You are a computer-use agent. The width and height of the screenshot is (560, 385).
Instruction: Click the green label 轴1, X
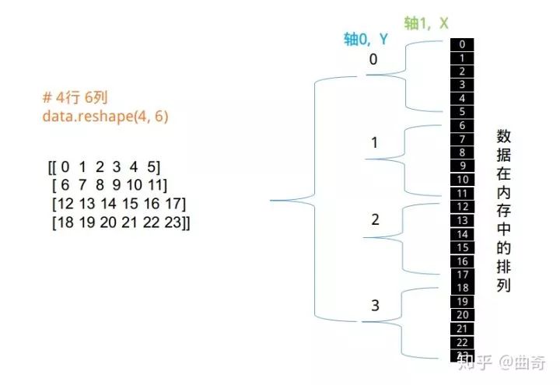(426, 23)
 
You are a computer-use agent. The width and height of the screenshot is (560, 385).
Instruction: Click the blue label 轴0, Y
(366, 39)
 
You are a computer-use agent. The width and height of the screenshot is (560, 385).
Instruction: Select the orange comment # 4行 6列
(75, 100)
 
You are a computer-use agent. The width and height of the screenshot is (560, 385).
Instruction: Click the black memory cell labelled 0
(462, 44)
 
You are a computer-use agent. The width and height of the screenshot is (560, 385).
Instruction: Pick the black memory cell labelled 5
(462, 111)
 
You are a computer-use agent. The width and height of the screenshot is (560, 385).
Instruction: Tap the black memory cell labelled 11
(462, 192)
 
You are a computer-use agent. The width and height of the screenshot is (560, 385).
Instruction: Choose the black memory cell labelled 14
(462, 233)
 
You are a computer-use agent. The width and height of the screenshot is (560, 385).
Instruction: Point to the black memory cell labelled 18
(462, 288)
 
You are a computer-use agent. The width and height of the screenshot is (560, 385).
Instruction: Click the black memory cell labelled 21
(462, 328)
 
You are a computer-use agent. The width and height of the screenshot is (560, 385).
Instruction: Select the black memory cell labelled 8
(462, 152)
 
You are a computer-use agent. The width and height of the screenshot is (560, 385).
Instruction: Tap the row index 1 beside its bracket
(374, 142)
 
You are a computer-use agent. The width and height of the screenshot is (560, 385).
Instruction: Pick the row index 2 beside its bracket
(375, 219)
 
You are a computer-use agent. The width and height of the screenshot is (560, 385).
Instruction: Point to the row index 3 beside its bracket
(375, 306)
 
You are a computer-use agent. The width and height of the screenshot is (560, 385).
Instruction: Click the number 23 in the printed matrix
(180, 222)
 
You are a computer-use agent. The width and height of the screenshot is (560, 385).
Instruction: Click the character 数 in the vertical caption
(503, 135)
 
